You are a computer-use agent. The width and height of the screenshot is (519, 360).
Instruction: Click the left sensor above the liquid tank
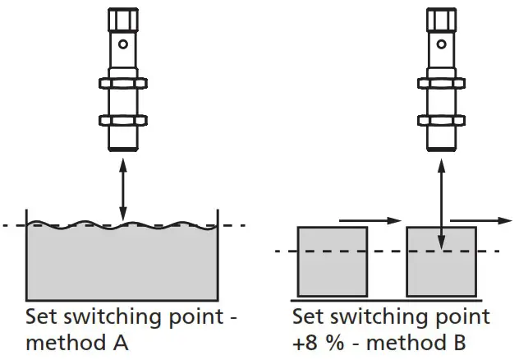pyautogui.click(x=122, y=82)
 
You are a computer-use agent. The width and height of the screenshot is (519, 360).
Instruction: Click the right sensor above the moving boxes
pyautogui.click(x=442, y=82)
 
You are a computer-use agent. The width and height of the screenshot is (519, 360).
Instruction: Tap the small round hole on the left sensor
pyautogui.click(x=122, y=44)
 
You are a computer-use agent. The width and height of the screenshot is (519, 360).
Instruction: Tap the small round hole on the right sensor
pyautogui.click(x=442, y=44)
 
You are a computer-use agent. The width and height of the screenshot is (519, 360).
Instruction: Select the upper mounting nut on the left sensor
pyautogui.click(x=122, y=83)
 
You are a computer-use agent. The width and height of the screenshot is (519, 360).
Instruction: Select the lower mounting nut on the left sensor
pyautogui.click(x=122, y=120)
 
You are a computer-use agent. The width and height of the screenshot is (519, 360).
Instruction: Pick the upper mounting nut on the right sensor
pyautogui.click(x=442, y=83)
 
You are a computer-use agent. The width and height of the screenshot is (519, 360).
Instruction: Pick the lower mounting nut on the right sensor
pyautogui.click(x=442, y=120)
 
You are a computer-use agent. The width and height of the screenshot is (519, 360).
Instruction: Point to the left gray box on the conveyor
pyautogui.click(x=332, y=261)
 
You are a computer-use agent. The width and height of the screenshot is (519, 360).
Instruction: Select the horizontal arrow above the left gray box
pyautogui.click(x=370, y=219)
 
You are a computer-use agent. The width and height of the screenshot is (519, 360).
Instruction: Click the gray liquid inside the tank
pyautogui.click(x=122, y=263)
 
